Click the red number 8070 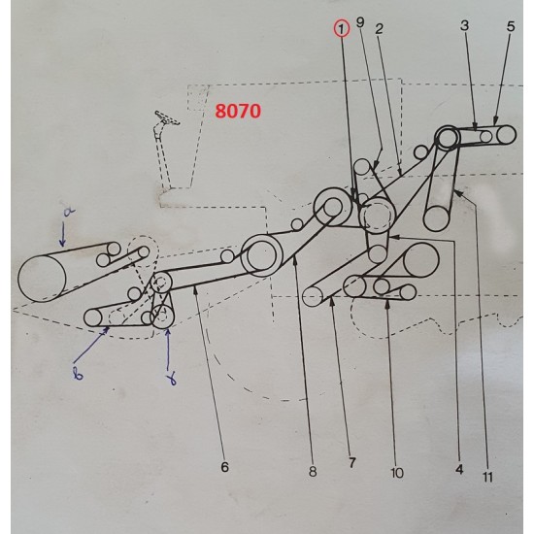237,112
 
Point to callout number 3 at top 465,26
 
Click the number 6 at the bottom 224,467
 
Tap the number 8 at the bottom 312,472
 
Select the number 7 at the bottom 351,464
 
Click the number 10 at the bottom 397,473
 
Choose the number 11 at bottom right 486,476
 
